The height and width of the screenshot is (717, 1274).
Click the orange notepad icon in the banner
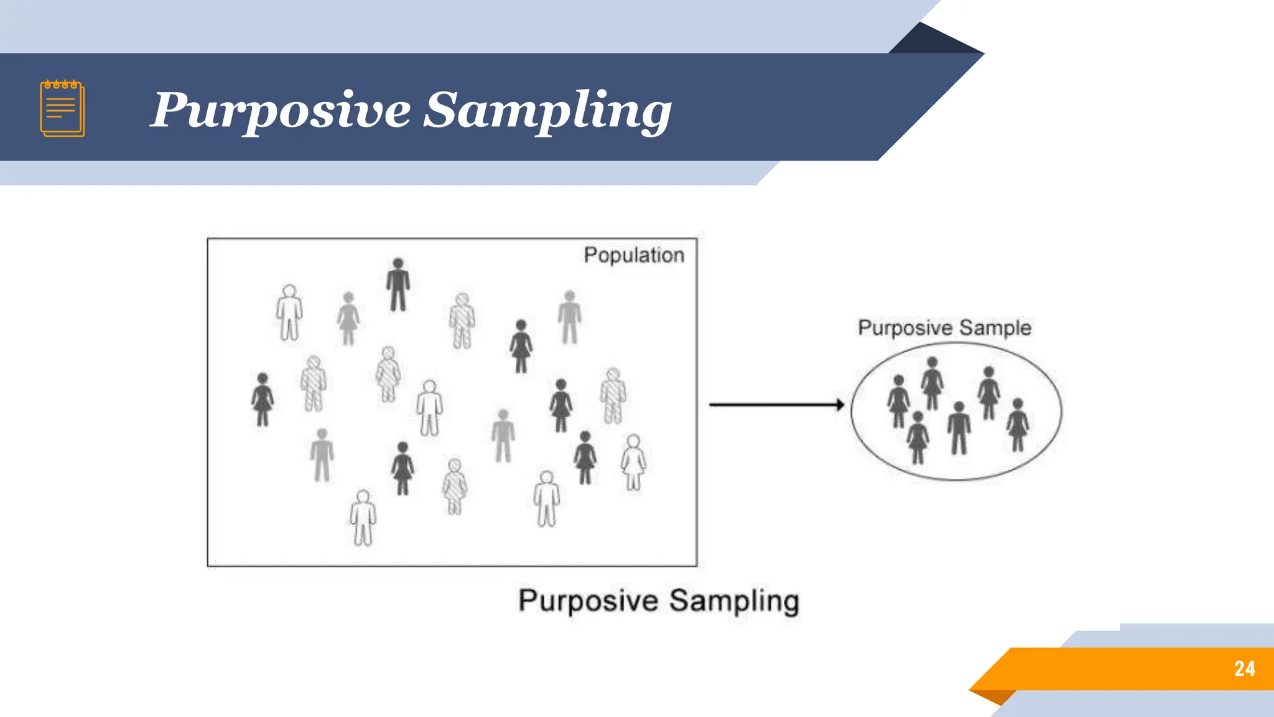pos(62,108)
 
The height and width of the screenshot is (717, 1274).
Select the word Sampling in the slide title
pos(547,111)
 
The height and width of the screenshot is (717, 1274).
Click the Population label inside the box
pos(633,255)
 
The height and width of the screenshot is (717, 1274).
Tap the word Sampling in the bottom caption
pos(734,601)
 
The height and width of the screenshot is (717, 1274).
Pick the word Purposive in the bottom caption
pos(588,601)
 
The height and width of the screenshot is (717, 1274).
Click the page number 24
pos(1244,668)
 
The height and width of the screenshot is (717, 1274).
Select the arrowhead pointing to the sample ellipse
pos(840,405)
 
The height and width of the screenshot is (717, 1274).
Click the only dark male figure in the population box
pos(398,284)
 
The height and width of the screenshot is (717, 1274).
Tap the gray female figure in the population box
pos(348,319)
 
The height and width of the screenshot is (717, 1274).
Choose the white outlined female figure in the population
pos(633,462)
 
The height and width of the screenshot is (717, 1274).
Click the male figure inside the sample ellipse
pos(959,428)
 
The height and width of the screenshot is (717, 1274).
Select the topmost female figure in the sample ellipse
pos(932,383)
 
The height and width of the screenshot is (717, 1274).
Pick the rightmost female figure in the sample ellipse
pos(1018,425)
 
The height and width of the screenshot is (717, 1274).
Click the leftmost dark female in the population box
pos(263,400)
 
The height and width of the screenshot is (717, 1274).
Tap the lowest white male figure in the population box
pos(363,518)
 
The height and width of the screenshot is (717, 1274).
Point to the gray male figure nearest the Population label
pos(569,317)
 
